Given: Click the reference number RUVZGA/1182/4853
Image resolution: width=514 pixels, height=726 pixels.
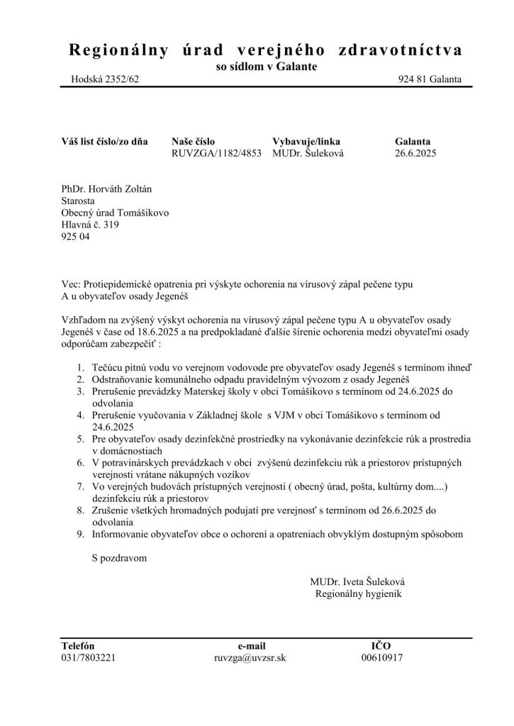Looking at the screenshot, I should pyautogui.click(x=216, y=154).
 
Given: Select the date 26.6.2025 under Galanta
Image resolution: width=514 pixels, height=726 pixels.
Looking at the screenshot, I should pyautogui.click(x=415, y=154).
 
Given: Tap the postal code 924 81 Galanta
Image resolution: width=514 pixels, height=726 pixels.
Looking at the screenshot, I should pyautogui.click(x=430, y=79).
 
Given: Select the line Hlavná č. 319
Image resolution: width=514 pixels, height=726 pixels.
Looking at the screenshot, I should pyautogui.click(x=91, y=225).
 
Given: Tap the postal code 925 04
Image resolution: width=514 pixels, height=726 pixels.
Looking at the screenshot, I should pyautogui.click(x=76, y=238).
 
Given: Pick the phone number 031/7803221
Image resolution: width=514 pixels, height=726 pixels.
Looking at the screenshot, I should pyautogui.click(x=89, y=657).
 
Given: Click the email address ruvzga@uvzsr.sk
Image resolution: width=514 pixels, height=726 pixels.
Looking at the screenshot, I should pyautogui.click(x=250, y=657).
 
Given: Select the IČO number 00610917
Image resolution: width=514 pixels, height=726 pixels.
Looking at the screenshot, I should pyautogui.click(x=381, y=657).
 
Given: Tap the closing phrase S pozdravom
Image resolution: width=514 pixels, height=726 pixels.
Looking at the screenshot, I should pyautogui.click(x=119, y=558).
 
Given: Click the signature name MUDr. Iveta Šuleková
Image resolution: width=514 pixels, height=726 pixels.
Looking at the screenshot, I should pyautogui.click(x=357, y=581).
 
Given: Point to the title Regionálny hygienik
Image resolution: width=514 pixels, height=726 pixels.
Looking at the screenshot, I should pyautogui.click(x=358, y=593).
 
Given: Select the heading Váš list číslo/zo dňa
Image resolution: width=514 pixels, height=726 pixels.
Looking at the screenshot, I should pyautogui.click(x=104, y=141).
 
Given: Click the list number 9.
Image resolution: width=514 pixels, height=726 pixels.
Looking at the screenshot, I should pyautogui.click(x=80, y=534).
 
